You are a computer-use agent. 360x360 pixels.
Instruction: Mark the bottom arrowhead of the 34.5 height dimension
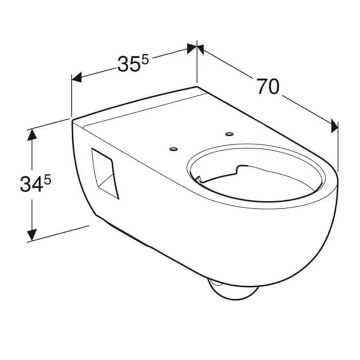coord(31,234)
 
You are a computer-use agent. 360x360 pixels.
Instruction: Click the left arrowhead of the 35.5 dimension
coord(77,78)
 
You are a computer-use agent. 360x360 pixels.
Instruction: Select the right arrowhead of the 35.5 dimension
coord(192,48)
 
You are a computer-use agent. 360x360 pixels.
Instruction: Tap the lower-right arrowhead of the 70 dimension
coord(334,126)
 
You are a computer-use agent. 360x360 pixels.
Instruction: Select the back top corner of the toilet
coord(197,86)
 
